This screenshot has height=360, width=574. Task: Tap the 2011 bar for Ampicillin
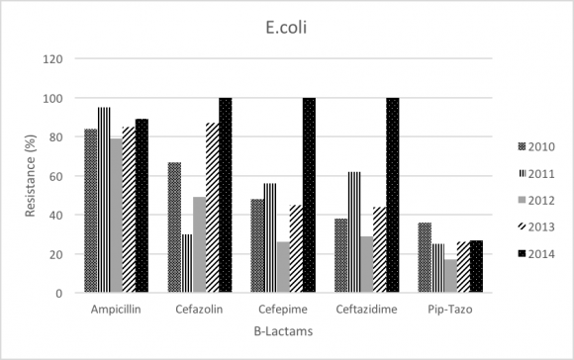coord(103,200)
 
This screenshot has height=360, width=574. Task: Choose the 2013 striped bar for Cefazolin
coord(212,208)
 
